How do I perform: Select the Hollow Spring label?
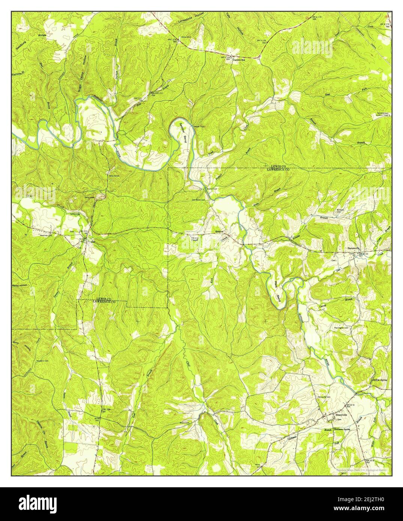point(379,380)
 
